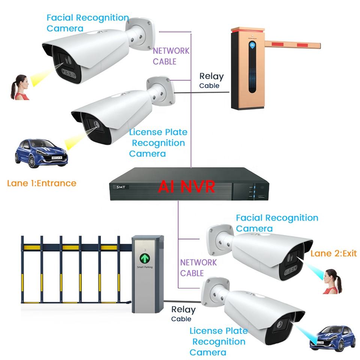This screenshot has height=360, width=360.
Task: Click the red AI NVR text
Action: (186, 186)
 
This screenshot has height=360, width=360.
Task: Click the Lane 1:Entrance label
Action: (42, 183)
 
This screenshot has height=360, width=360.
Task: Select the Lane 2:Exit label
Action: (333, 253)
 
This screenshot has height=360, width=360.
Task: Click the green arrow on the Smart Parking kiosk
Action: (145, 258)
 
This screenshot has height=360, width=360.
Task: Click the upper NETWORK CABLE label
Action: (171, 56)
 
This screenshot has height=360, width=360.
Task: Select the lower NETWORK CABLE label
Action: (198, 267)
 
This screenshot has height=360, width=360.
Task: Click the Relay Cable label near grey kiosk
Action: (183, 314)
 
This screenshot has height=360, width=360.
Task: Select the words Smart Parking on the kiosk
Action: (144, 268)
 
